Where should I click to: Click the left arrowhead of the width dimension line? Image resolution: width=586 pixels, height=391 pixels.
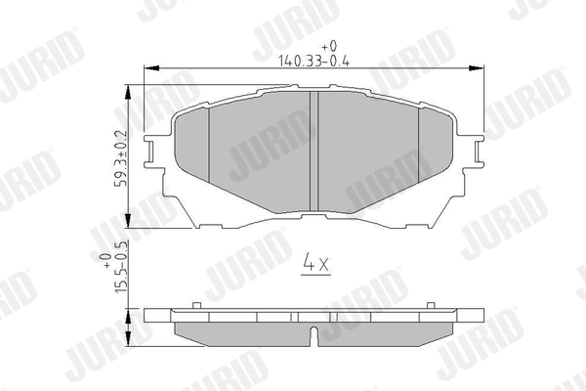coord(148,67)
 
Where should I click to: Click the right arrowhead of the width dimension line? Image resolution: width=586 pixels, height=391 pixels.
coord(479,67)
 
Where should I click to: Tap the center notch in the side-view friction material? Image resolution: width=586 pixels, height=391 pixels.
coord(312,336)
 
